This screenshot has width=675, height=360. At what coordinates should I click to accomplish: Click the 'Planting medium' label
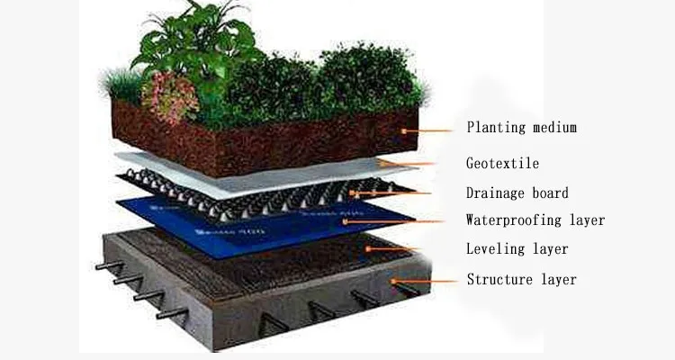(x=521, y=128)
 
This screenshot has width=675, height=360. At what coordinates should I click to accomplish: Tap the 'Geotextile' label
(x=502, y=164)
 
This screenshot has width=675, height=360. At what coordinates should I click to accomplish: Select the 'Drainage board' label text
(x=517, y=192)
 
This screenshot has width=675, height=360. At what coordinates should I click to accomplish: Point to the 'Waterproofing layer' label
(x=535, y=220)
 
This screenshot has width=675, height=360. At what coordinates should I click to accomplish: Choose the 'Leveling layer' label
(x=517, y=248)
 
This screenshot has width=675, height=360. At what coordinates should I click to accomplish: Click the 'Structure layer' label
(x=521, y=279)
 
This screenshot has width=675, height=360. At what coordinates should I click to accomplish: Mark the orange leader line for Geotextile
(x=409, y=164)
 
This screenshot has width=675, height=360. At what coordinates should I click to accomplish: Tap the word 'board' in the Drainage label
(x=550, y=192)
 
